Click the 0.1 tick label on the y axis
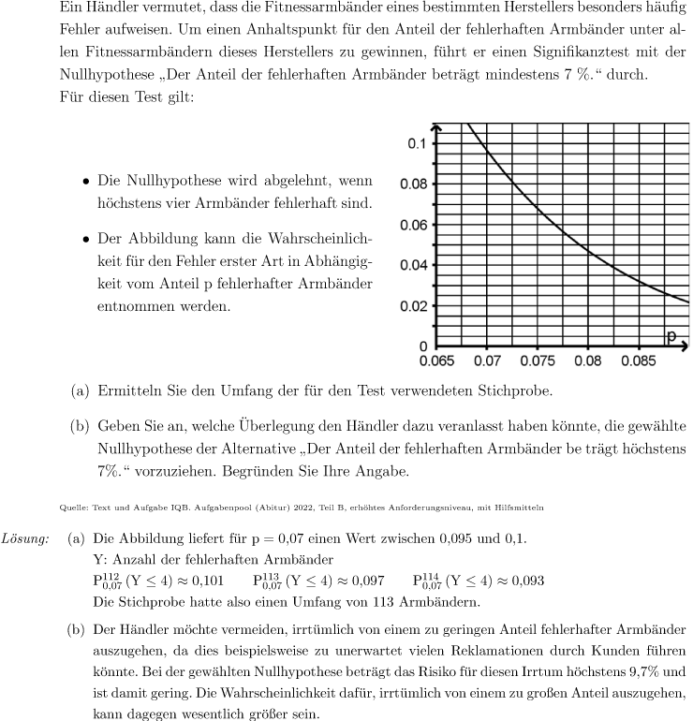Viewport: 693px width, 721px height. tap(415, 143)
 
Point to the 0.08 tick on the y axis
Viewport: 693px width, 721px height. tap(412, 184)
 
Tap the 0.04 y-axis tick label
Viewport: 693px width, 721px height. tap(412, 265)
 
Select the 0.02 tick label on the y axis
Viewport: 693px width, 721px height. tap(412, 306)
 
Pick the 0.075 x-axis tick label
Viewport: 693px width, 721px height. tap(538, 360)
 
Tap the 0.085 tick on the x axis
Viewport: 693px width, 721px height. tap(638, 360)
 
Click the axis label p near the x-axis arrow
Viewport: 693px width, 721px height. tap(671, 336)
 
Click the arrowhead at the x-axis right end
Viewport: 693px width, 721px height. tap(685, 346)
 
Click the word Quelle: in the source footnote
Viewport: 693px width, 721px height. tap(68, 508)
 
